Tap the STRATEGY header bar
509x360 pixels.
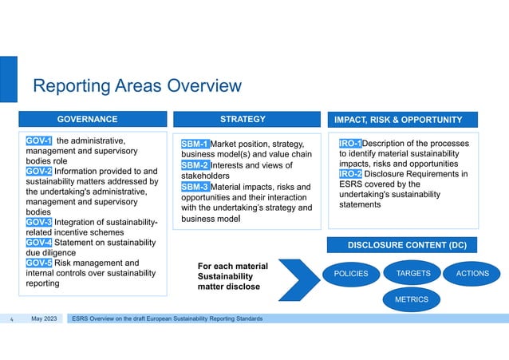[243, 120]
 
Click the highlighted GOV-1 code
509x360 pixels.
[39, 141]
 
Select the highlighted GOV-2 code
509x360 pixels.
[39, 171]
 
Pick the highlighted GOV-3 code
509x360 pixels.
[39, 222]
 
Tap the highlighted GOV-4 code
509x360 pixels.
[39, 242]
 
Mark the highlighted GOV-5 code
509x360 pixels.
[39, 262]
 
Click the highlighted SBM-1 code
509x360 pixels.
[195, 144]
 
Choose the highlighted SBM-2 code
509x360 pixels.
[195, 165]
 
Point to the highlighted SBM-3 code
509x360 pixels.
[195, 187]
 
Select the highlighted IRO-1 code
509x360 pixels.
[350, 144]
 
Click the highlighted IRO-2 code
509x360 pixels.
[350, 174]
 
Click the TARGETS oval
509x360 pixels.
[413, 273]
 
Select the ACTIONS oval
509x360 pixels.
[472, 273]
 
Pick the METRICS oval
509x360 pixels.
[412, 299]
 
